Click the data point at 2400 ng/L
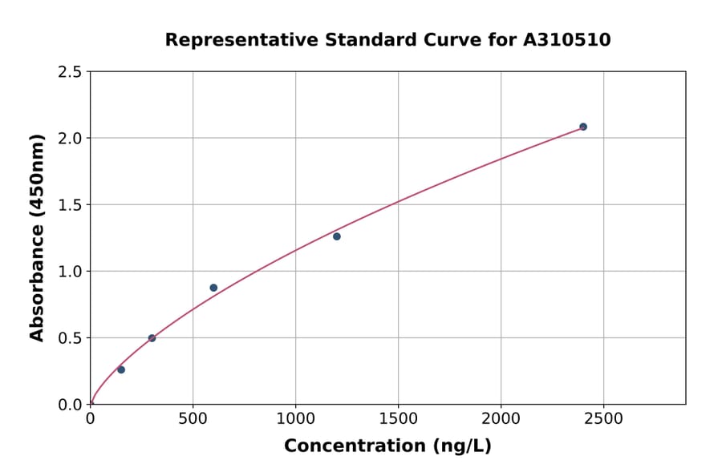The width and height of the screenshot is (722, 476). tap(583, 127)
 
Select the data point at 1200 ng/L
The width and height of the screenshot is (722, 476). tap(337, 236)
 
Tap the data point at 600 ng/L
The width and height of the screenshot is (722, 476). tap(213, 288)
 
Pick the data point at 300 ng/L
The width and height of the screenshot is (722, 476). tap(152, 338)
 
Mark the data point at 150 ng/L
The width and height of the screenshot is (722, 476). tap(121, 369)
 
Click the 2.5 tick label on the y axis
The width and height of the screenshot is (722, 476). tap(69, 72)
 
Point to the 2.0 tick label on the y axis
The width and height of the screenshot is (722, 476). tap(69, 139)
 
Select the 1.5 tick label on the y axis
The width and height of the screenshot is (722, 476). tap(69, 205)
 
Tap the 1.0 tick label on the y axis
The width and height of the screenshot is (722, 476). tap(69, 272)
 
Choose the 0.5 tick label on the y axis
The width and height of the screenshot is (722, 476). tap(69, 338)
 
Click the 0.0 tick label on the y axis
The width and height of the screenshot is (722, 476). tap(69, 405)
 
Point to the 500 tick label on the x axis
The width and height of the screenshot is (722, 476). tap(193, 418)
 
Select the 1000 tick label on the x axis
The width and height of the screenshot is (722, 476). tap(295, 418)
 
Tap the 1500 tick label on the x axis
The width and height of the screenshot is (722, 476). tap(398, 418)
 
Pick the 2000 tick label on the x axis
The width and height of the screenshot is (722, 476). tap(501, 418)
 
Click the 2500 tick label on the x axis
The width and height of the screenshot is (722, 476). tap(603, 418)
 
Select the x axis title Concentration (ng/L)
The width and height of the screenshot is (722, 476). tap(387, 446)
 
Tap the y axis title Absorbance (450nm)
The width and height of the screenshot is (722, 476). tap(37, 237)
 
